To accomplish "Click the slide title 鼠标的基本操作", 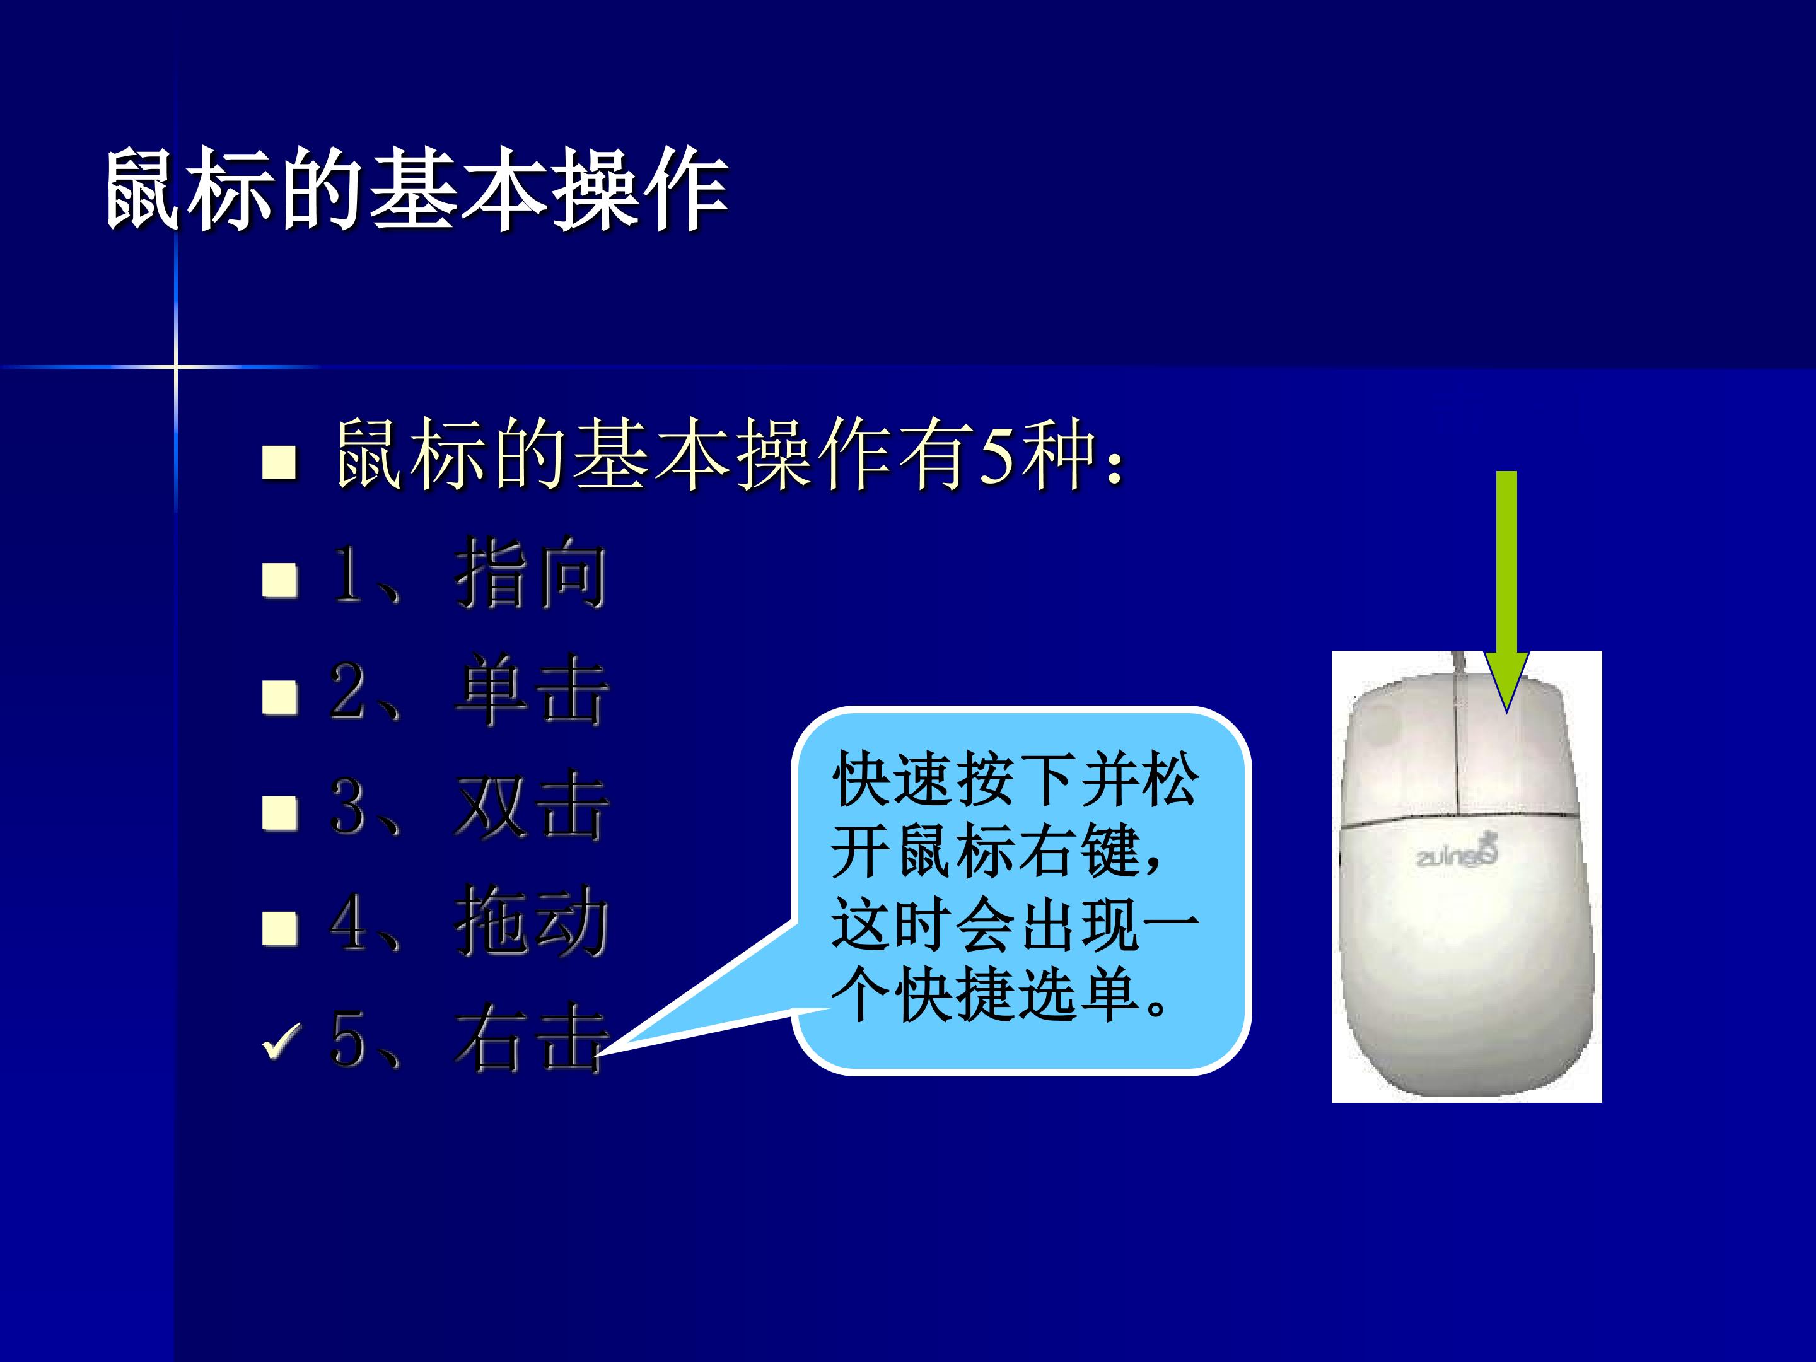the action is pos(417,190).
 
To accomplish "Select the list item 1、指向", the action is pos(469,573).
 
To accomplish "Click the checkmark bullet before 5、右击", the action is pos(281,1042).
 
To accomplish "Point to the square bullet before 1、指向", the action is pos(280,579).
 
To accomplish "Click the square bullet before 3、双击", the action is pos(280,813).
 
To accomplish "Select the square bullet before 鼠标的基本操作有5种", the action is pos(280,462).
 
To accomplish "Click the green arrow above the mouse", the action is pos(1506,591).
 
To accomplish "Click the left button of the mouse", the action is pos(1400,755).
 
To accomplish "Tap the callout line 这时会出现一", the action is pos(1016,924).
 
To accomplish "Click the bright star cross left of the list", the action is pos(176,366).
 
